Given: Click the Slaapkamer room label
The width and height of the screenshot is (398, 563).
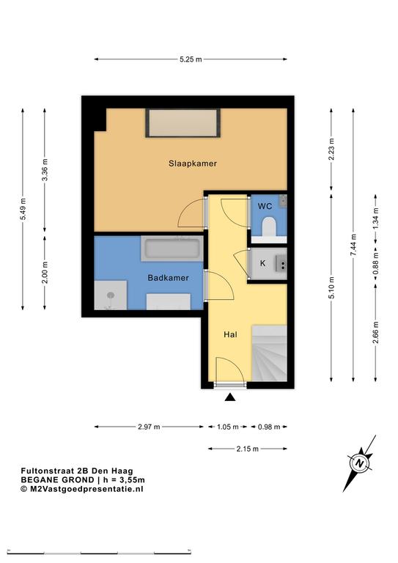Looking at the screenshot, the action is [193, 163].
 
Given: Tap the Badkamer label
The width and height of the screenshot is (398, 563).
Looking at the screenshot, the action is [168, 278].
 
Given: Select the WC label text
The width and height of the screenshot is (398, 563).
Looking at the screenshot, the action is [265, 206].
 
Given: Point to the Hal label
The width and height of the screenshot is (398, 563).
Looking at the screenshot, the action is [230, 334].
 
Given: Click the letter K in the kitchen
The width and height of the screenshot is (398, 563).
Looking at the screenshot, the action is [262, 263].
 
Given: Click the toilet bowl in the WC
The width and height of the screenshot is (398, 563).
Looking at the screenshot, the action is [269, 227].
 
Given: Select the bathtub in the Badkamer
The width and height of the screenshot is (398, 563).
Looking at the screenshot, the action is [172, 249].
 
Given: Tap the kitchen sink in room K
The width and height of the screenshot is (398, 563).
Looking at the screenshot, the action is [281, 263].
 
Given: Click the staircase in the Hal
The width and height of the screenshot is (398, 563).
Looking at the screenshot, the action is [269, 353].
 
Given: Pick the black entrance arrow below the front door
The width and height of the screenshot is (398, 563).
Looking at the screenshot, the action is [230, 397].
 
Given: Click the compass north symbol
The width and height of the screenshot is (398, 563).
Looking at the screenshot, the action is [359, 463].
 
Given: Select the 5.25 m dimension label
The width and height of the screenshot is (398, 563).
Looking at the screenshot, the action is [191, 59].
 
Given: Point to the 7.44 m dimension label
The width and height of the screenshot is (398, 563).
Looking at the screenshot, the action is [353, 245].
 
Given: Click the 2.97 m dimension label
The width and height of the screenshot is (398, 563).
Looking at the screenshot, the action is [149, 427].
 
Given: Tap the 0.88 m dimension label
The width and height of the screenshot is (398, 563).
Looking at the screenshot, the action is [376, 264].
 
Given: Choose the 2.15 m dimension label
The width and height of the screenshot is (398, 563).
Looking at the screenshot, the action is [247, 449].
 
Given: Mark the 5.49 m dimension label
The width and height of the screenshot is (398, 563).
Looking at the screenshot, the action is [23, 209].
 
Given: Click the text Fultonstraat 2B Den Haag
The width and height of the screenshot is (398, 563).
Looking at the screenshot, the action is [77, 471].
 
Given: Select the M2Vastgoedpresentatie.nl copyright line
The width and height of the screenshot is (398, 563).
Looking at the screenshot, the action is [82, 489].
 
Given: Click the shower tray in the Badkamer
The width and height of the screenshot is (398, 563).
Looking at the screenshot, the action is [111, 295].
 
